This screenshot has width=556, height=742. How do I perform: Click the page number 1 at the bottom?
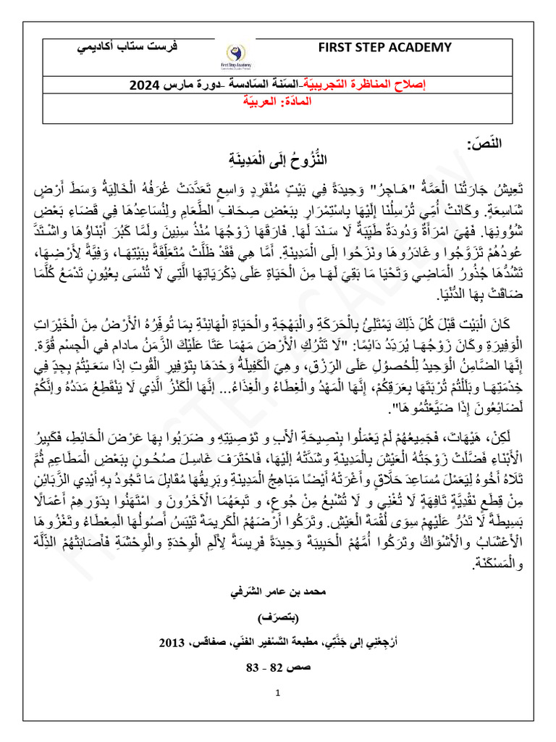click(277, 693)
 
